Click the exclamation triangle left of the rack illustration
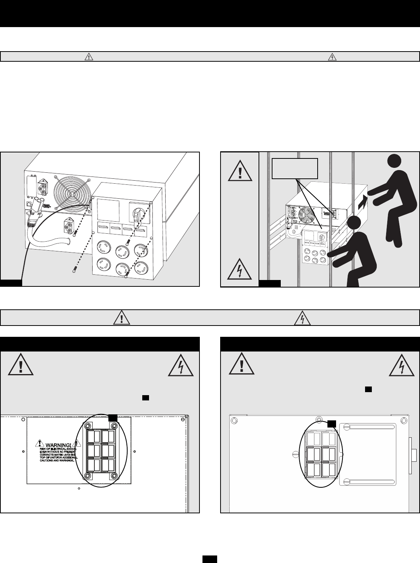(240, 173)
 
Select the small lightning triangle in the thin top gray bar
(332, 57)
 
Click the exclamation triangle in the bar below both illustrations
(123, 318)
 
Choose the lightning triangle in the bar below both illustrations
(303, 318)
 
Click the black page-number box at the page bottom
(210, 559)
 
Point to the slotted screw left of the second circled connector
(295, 454)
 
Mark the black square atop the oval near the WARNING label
(113, 417)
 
